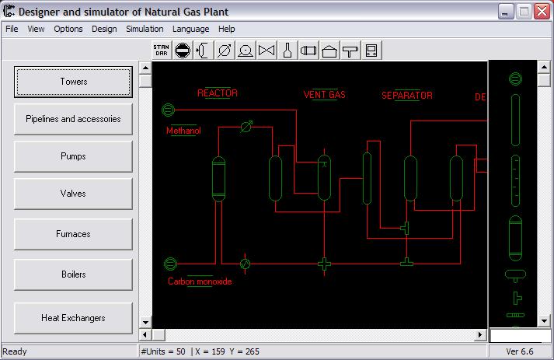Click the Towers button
[x=73, y=82]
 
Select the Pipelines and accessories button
[x=73, y=119]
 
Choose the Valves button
[x=73, y=194]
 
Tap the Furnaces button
[x=73, y=234]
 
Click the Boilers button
[x=73, y=274]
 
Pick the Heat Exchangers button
[x=73, y=318]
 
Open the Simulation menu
[x=145, y=29]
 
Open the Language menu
[x=191, y=29]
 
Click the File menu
[x=12, y=29]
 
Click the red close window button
[x=542, y=12]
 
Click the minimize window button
[x=506, y=12]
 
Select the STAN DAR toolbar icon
[x=162, y=51]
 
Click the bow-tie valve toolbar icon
[x=267, y=51]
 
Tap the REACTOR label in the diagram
[x=218, y=93]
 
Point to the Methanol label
[x=183, y=131]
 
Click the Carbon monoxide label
[x=200, y=281]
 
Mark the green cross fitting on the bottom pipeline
[x=324, y=264]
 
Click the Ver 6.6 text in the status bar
[x=519, y=351]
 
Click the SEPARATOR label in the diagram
[x=407, y=96]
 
